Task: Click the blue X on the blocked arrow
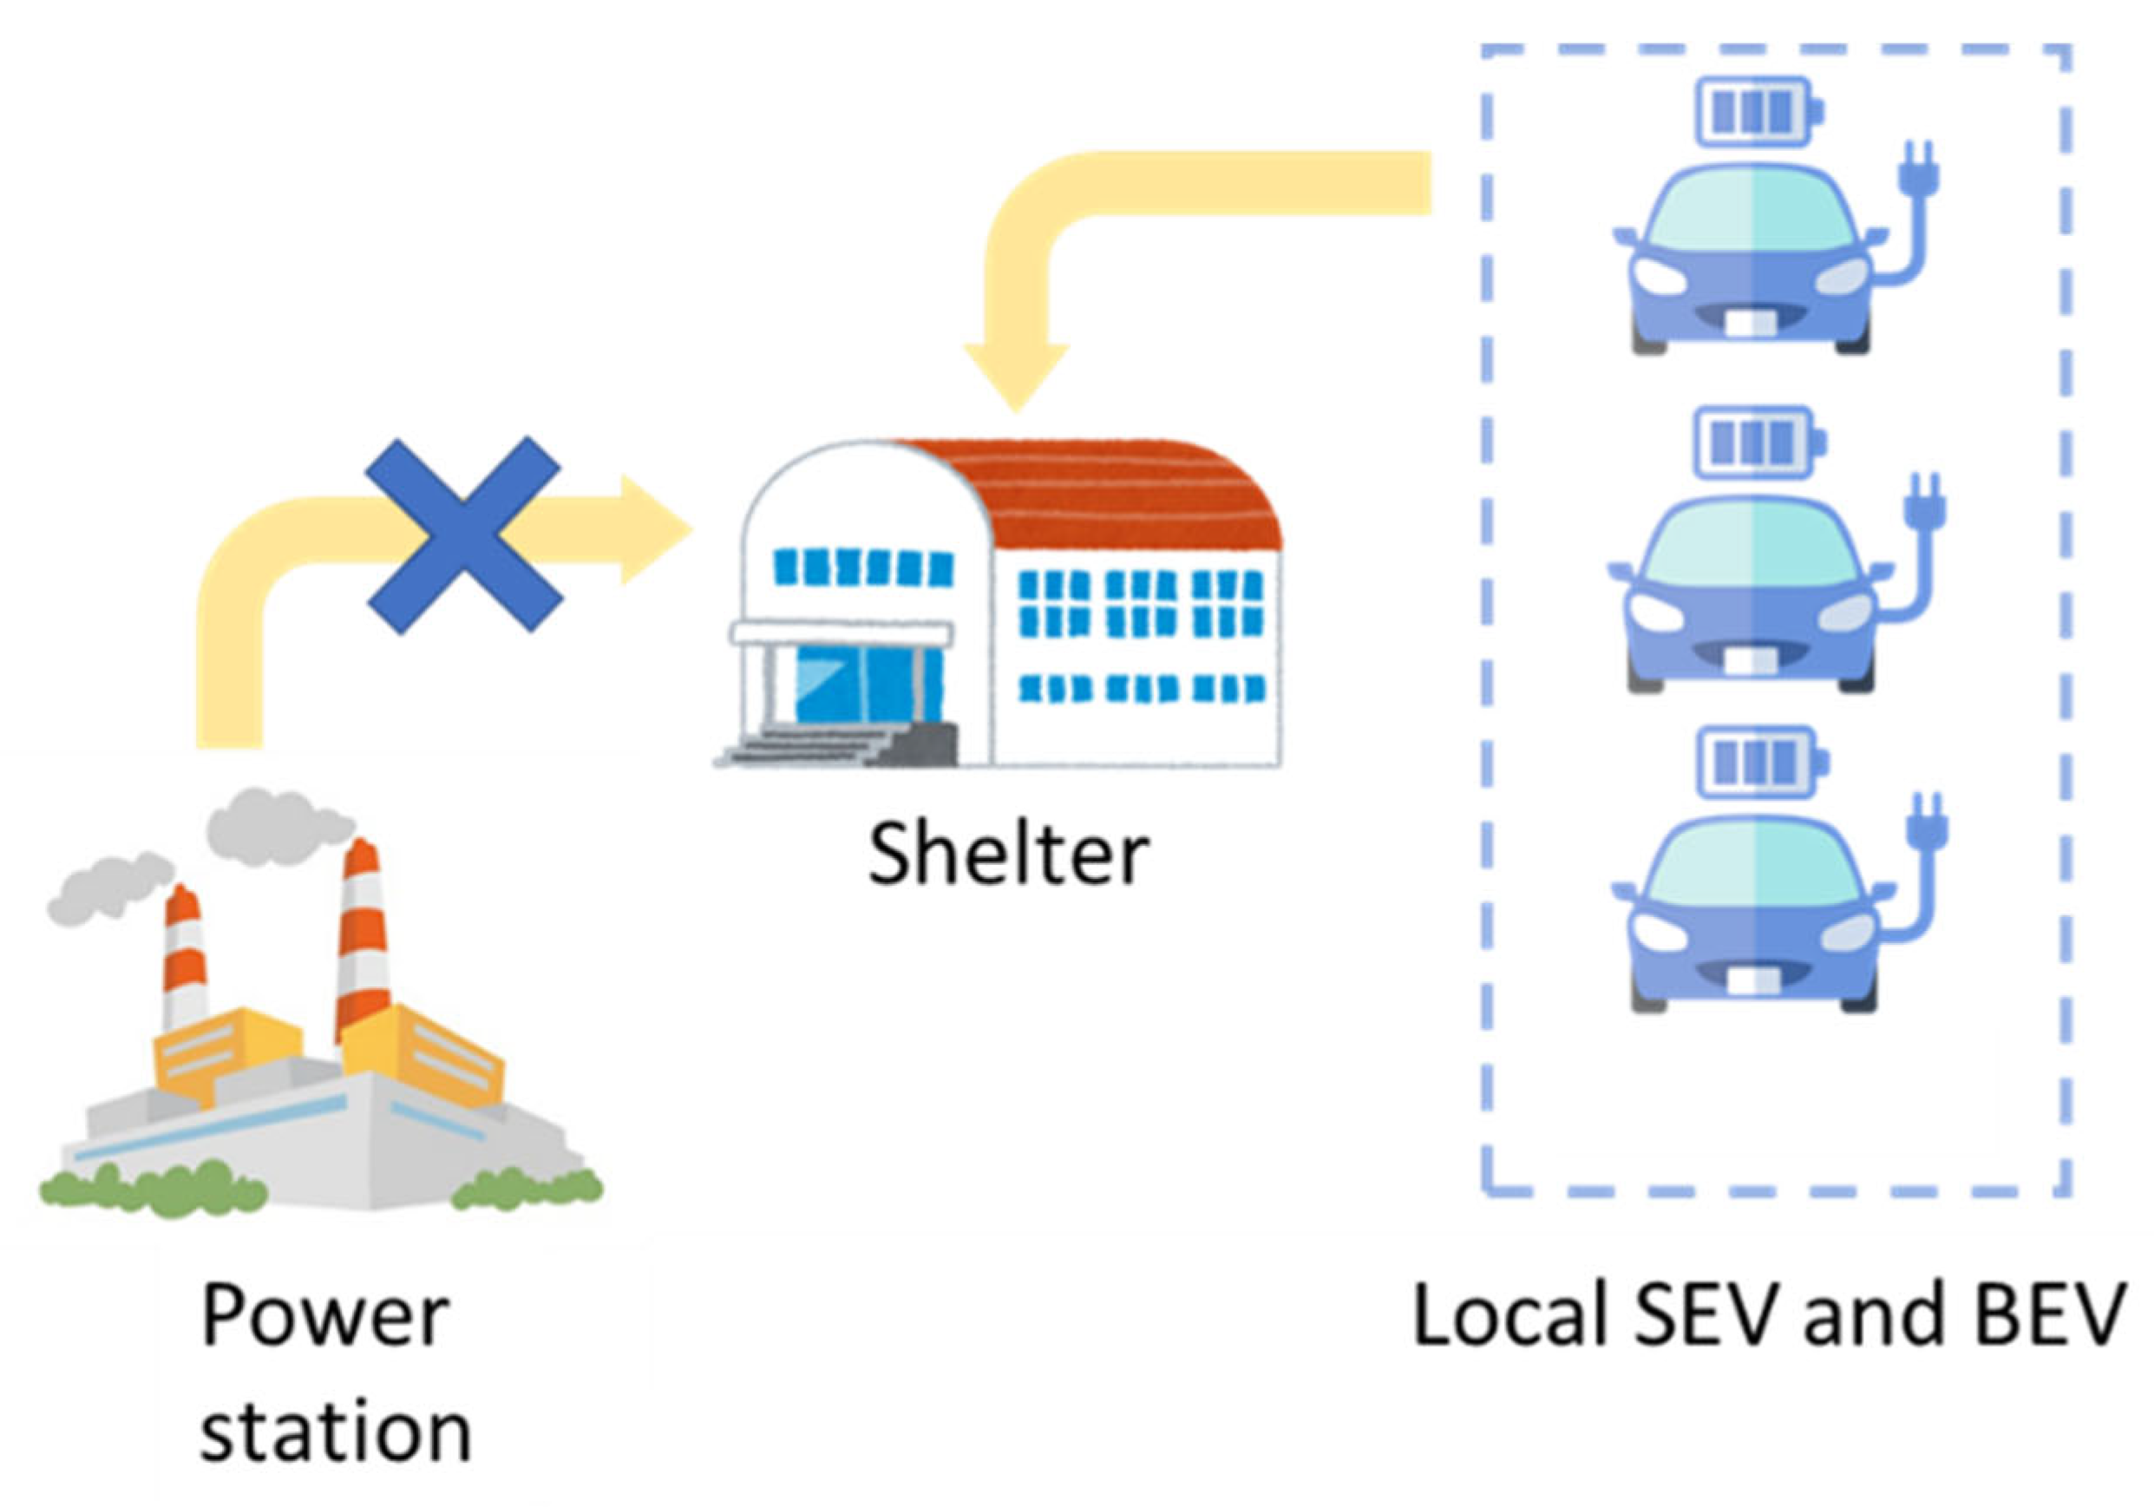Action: pos(464,534)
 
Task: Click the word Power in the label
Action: pos(324,1316)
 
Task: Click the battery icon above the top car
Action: pos(1758,112)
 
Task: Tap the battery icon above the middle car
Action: pos(1760,440)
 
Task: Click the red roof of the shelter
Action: pos(1126,497)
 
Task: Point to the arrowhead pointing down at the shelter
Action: pos(1016,376)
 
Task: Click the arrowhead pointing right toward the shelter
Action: pos(652,530)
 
